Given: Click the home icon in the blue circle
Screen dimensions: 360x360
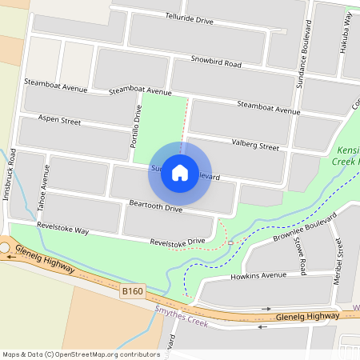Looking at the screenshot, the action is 180,172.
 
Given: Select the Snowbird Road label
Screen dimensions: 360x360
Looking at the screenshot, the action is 216,62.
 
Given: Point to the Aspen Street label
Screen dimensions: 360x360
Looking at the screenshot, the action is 60,122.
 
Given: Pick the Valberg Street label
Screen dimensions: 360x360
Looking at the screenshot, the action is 255,146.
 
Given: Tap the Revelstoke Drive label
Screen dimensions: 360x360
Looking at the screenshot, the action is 178,241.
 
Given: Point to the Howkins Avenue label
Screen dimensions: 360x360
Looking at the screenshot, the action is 258,275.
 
